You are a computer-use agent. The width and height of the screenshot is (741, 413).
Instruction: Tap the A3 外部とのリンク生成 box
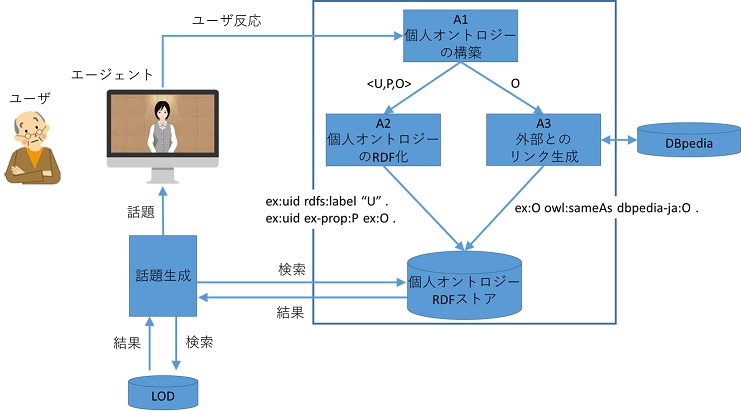(x=543, y=140)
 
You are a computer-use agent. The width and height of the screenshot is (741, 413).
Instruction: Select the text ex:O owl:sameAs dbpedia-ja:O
(x=605, y=210)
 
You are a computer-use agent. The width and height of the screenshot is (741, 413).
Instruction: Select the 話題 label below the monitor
(x=140, y=213)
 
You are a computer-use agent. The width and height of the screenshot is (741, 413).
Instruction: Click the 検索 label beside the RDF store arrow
(x=292, y=270)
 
